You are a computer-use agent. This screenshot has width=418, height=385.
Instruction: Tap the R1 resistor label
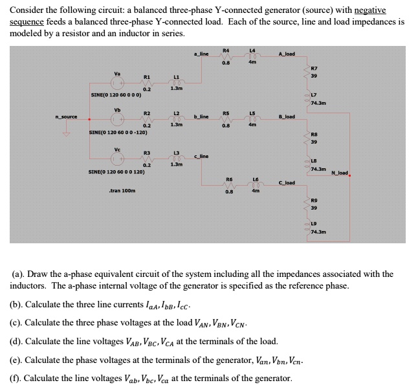[147, 76]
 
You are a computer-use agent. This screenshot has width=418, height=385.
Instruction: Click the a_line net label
[201, 54]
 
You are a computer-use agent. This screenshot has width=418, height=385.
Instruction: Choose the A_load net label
[287, 54]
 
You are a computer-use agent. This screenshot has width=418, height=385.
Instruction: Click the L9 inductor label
[314, 223]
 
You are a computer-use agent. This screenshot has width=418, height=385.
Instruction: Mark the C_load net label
[286, 183]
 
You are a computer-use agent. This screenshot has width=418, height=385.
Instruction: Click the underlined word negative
[366, 10]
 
